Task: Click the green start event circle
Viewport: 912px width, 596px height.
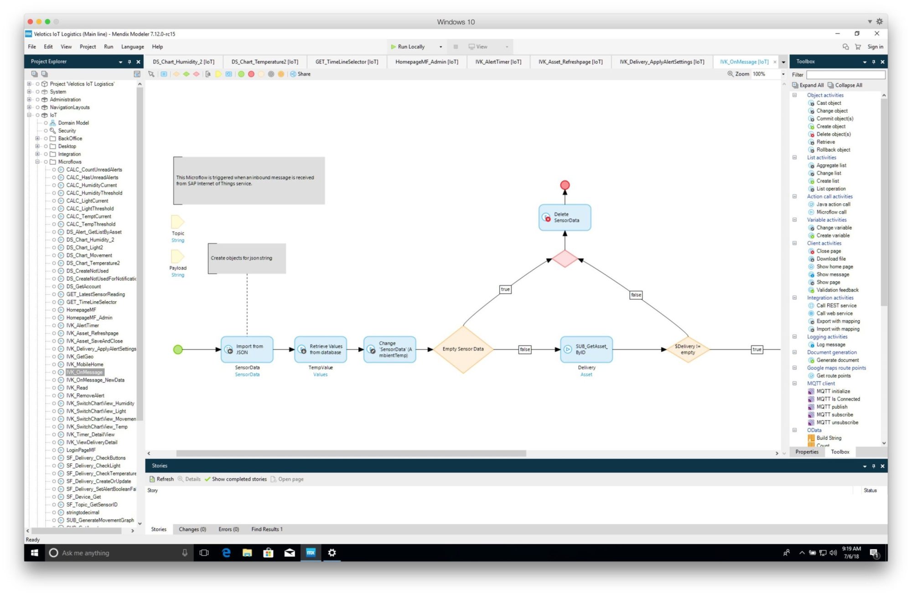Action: point(178,350)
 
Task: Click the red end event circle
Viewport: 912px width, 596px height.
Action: point(565,185)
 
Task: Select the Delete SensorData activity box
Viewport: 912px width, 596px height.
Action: point(565,217)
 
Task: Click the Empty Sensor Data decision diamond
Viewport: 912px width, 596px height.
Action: point(463,349)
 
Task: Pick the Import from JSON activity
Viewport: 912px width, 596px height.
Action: point(247,350)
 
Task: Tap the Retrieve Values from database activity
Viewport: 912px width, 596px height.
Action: point(321,350)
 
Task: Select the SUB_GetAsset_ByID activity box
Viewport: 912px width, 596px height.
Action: point(586,350)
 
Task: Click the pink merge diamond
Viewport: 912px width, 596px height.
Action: point(565,259)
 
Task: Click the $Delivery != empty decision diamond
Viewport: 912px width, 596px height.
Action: point(688,350)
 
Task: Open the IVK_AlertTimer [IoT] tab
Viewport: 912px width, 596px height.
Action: point(498,62)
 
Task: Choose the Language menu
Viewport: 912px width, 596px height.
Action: point(132,47)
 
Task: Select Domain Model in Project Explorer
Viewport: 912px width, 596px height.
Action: point(73,123)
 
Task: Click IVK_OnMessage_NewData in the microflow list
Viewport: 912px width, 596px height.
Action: point(95,380)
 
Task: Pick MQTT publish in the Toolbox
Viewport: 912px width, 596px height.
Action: point(832,407)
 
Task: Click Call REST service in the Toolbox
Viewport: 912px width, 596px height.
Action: point(836,305)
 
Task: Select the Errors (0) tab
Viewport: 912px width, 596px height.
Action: point(228,529)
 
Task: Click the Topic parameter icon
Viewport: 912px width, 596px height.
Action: point(177,222)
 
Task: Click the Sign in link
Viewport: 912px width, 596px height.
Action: point(875,47)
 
